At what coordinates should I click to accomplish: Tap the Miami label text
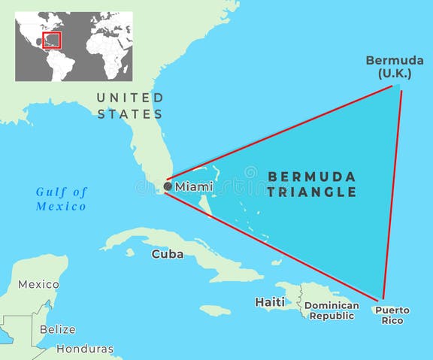coord(194,186)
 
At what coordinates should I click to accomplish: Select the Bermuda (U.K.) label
coord(390,66)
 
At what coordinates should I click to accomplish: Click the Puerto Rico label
coord(392,315)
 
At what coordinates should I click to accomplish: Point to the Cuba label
coord(167,254)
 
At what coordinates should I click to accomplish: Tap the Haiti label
coord(270,302)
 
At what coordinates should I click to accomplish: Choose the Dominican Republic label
coord(332,310)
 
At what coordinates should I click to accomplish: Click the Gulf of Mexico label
coord(62,198)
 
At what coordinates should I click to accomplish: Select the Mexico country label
coord(38,284)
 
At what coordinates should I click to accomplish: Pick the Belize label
coord(58,329)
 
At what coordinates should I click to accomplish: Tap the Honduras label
coord(85,349)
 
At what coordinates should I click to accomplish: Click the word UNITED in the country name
coord(130,98)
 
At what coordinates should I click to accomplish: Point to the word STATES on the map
coord(130,114)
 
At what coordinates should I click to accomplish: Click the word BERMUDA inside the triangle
coord(312,177)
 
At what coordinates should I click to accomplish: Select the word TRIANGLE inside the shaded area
coord(312,192)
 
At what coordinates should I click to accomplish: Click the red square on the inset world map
coord(52,40)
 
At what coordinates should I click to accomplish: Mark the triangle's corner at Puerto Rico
coord(383,299)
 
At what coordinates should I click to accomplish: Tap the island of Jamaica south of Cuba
coord(215,310)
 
